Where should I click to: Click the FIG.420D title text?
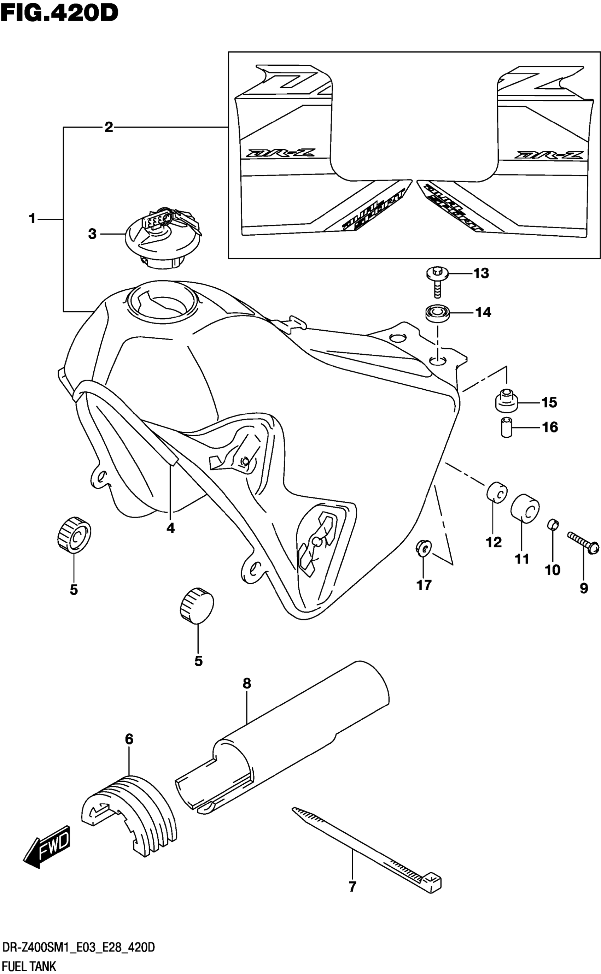60,13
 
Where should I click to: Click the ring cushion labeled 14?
438,313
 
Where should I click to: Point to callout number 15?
549,402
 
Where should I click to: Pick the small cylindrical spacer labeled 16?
506,427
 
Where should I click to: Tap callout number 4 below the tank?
170,528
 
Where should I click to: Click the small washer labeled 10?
553,524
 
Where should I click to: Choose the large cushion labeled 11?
525,508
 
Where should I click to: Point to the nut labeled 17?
424,548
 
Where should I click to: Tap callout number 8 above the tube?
247,683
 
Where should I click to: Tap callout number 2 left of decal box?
109,128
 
